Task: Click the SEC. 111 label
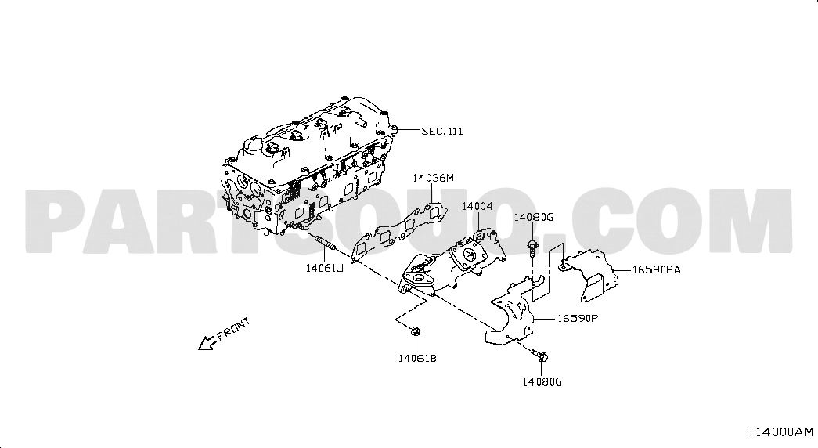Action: [441, 131]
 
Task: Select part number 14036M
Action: [433, 178]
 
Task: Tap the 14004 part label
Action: [477, 206]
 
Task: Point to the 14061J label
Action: [325, 269]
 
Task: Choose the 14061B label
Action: [416, 358]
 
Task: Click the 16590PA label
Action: [656, 270]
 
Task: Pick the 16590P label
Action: [578, 317]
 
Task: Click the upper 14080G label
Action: [533, 217]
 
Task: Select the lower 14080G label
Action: [542, 382]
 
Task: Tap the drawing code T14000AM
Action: [780, 432]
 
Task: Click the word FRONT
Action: [234, 328]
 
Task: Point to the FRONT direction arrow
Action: [207, 342]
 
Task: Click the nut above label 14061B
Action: [416, 331]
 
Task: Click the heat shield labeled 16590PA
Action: [589, 275]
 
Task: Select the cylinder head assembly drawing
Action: [308, 167]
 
